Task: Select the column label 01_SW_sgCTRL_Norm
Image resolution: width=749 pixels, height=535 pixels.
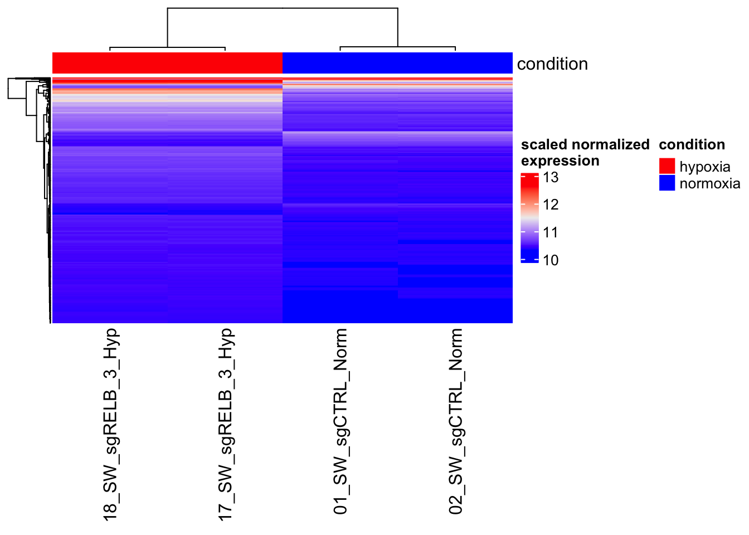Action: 340,421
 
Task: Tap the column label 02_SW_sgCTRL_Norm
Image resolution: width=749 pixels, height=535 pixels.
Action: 455,421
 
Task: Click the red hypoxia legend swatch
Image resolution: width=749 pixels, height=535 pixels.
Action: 667,166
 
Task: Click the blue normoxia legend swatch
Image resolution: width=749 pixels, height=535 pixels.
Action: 667,183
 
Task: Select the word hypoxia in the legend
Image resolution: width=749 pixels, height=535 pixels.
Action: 704,167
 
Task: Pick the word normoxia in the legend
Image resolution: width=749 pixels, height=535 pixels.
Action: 709,183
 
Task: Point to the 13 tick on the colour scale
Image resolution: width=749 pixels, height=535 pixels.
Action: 551,178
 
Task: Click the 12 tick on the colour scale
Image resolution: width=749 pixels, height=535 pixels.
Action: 551,205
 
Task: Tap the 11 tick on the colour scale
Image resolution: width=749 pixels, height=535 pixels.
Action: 551,232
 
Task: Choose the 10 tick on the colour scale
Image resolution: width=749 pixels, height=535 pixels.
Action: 551,260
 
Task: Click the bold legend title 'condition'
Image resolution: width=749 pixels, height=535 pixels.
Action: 692,144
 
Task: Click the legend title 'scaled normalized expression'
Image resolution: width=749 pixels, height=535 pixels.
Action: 585,152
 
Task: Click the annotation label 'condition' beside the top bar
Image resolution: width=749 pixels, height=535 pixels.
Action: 552,64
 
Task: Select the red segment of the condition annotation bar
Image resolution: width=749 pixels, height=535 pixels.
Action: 167,63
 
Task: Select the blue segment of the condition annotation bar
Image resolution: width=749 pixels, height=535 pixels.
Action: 397,63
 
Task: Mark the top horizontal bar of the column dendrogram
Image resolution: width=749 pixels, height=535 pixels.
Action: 283,8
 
